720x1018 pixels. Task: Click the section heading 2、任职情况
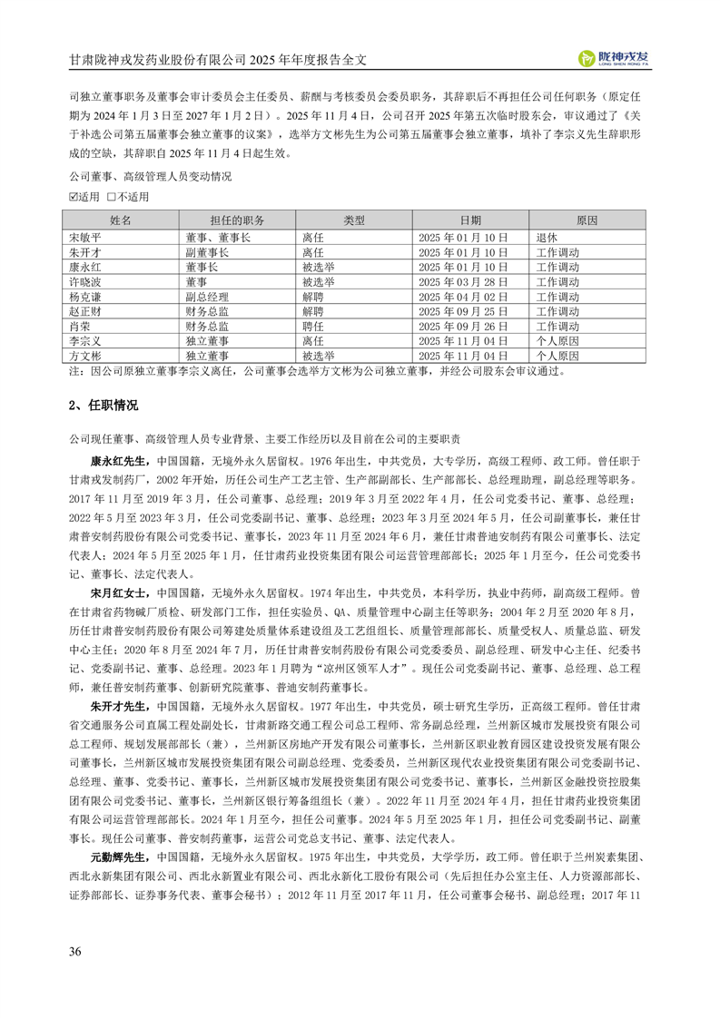(104, 405)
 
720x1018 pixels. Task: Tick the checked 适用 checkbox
(74, 196)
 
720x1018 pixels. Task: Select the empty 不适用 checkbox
(110, 196)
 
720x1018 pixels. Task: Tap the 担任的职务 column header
(236, 220)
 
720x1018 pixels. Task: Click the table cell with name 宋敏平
(86, 236)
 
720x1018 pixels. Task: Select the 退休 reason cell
(547, 236)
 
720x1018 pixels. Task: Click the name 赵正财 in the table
(86, 311)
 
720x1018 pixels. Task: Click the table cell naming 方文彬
(86, 357)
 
